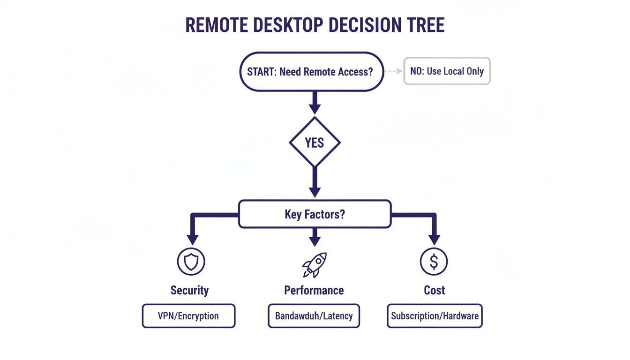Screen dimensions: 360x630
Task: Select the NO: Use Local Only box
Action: click(447, 71)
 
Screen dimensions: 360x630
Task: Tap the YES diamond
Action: click(315, 142)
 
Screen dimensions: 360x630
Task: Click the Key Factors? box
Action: click(315, 215)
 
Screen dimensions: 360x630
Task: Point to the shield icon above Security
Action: click(191, 262)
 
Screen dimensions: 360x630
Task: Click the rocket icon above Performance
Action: click(314, 264)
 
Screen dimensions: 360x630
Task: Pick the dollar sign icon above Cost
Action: click(434, 262)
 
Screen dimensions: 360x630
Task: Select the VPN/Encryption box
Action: click(188, 315)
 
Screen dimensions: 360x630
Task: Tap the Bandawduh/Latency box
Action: click(314, 315)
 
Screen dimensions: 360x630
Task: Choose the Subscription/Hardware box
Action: click(435, 315)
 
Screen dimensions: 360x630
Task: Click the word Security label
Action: click(189, 290)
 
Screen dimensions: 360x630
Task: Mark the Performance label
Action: click(314, 290)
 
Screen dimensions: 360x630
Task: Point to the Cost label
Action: click(434, 290)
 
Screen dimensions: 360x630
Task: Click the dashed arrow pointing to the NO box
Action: click(394, 72)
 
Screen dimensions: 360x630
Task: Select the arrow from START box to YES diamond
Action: click(315, 102)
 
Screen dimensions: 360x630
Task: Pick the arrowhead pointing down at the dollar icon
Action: click(435, 239)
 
